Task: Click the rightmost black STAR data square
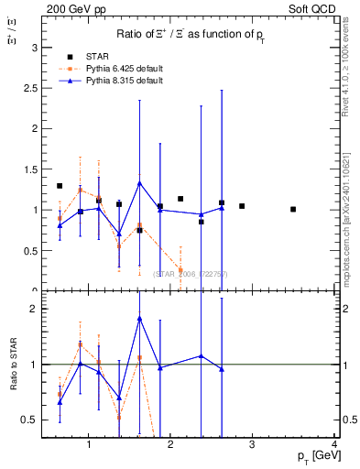pyautogui.click(x=293, y=209)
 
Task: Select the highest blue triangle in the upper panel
pyautogui.click(x=139, y=182)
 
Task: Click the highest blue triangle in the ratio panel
pyautogui.click(x=139, y=318)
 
